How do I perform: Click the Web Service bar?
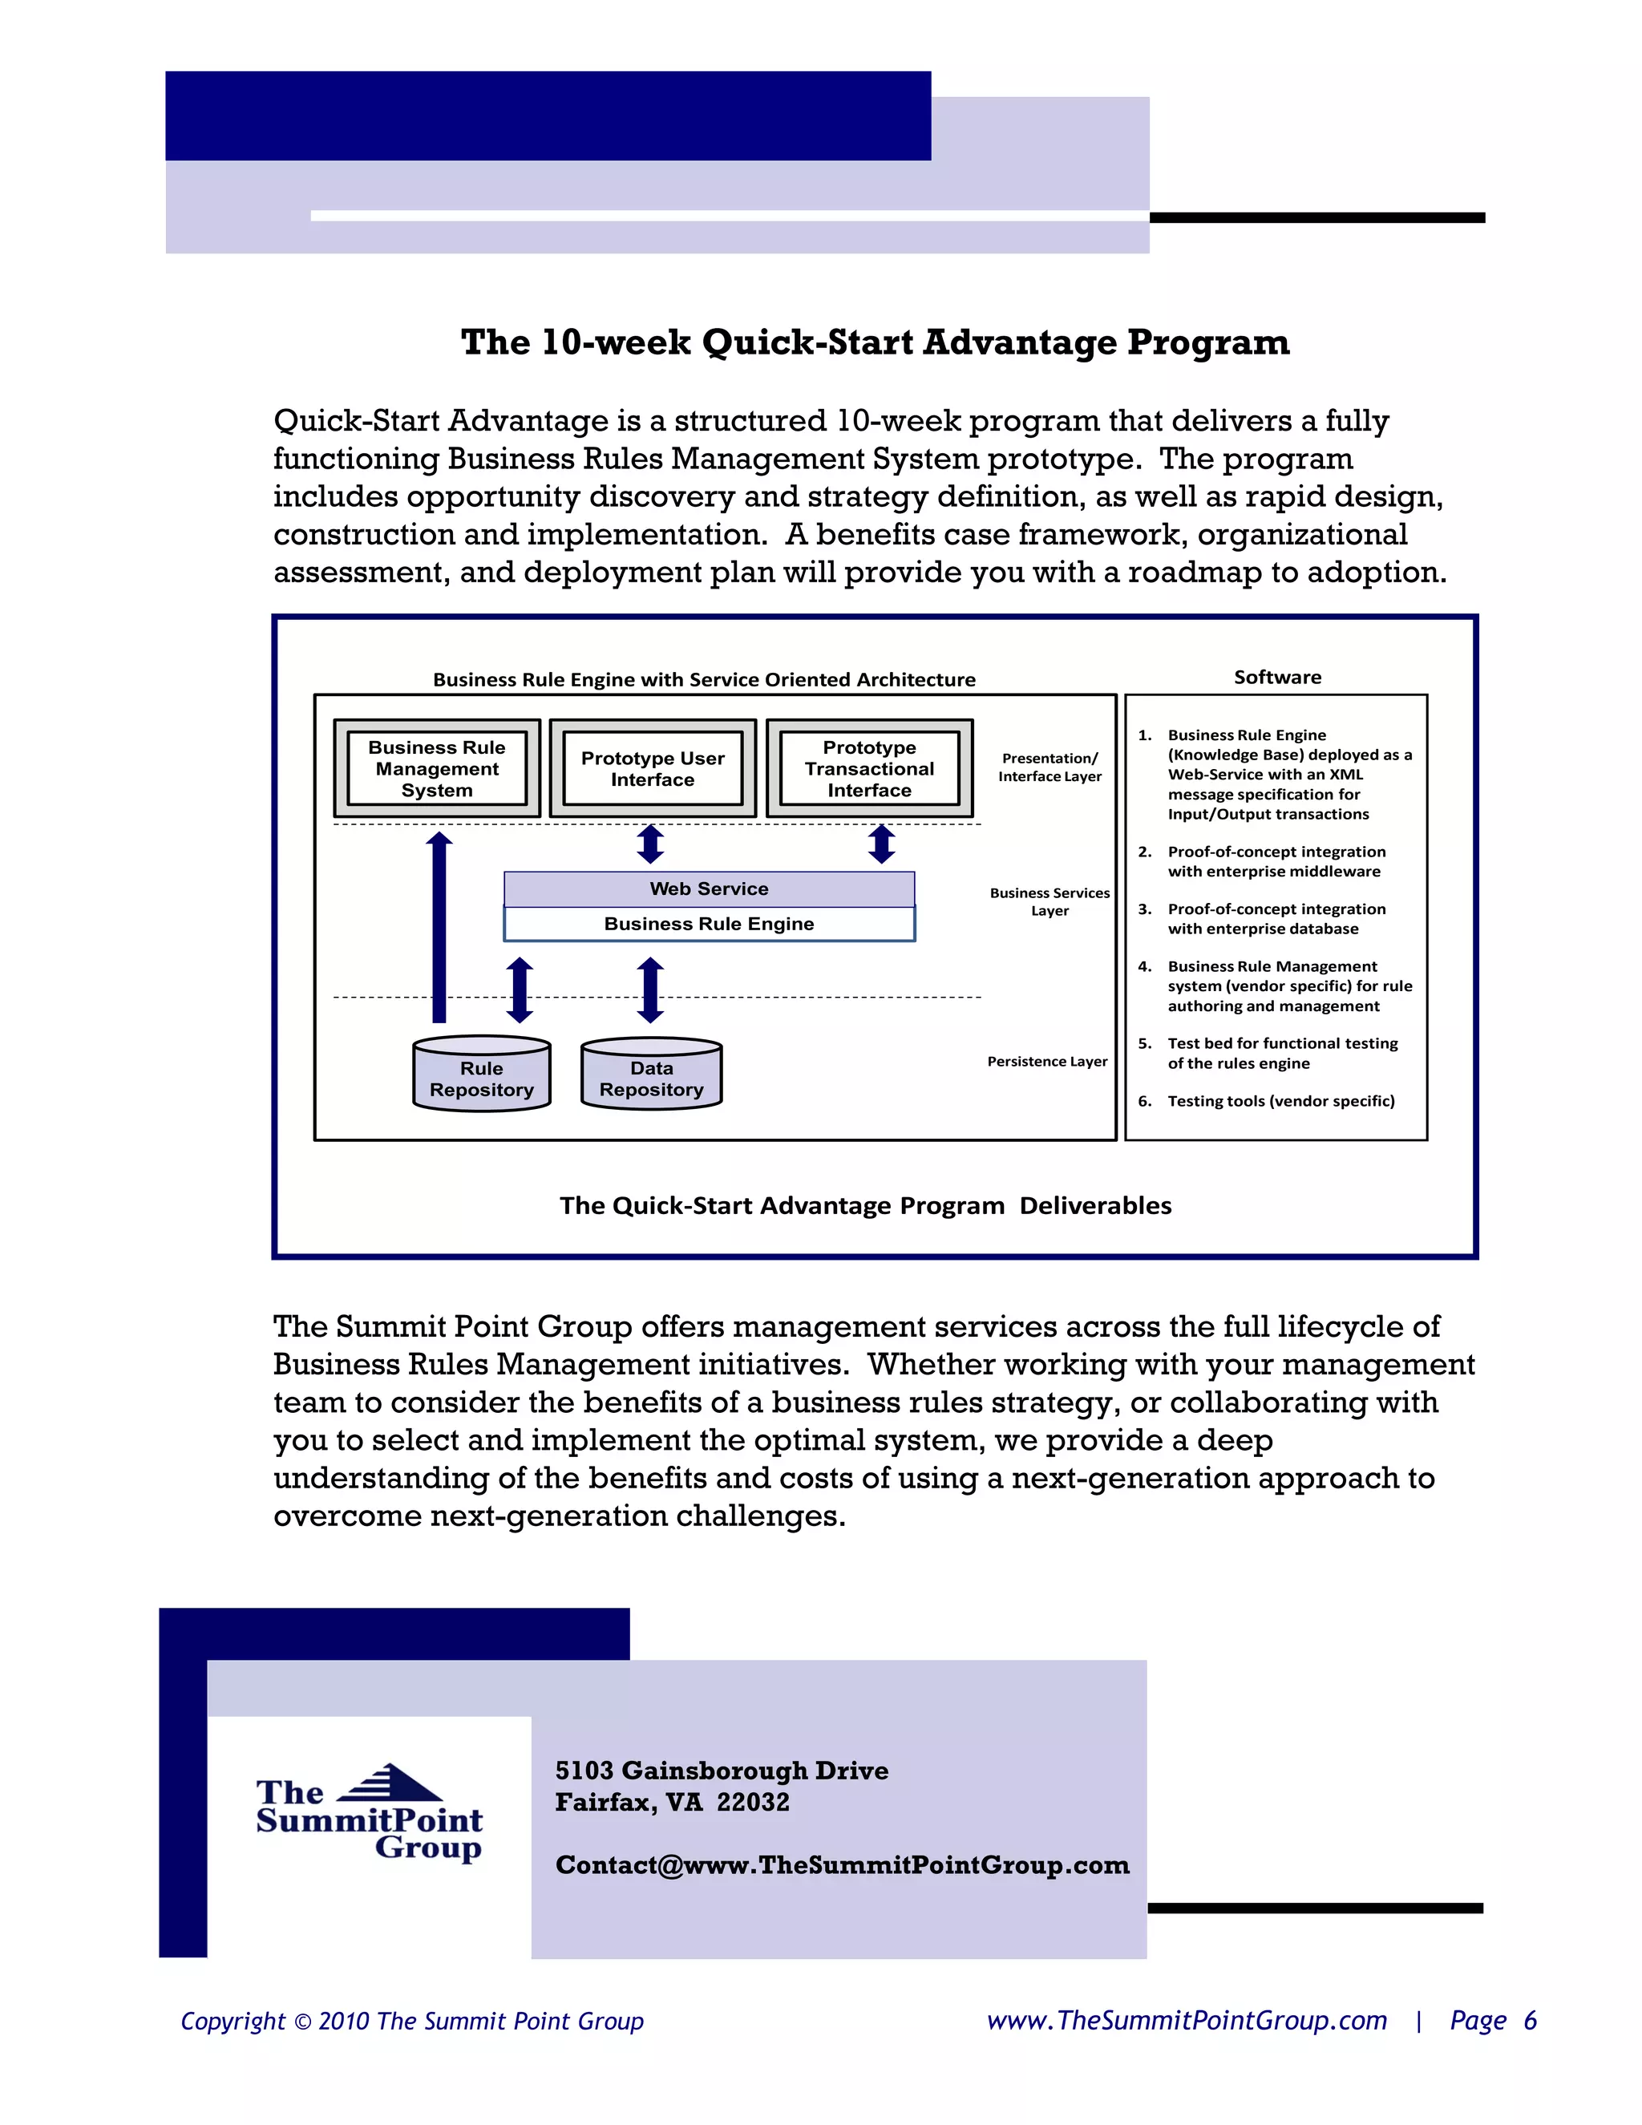coord(709,888)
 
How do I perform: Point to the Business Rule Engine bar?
coord(709,923)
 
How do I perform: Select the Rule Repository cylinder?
coord(482,1075)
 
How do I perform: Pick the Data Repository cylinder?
coord(652,1075)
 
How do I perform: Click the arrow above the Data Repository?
coord(651,990)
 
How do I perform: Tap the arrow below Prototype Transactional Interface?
coord(881,844)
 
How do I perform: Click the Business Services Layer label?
coord(1050,901)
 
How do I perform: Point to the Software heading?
coord(1277,678)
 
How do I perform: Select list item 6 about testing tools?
coord(1280,1100)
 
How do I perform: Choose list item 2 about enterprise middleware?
coord(1276,861)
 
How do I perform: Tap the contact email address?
coord(843,1865)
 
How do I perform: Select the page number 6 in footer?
coord(1530,2021)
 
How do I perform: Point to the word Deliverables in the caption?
coord(1095,1205)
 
